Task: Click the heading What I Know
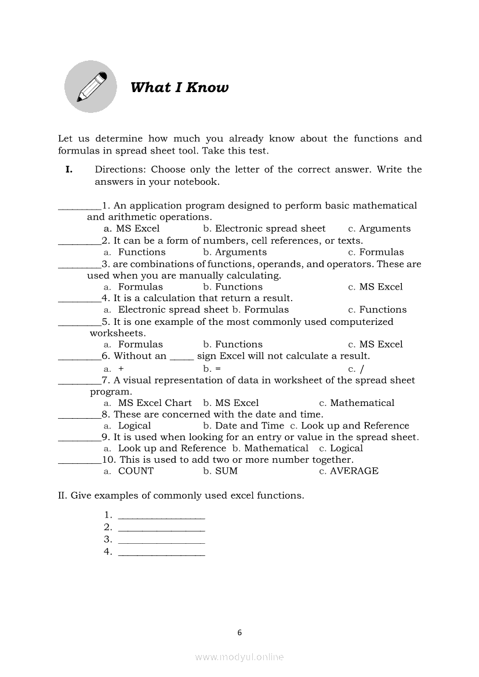click(x=179, y=87)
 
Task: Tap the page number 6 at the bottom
click(x=239, y=632)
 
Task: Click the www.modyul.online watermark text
click(x=239, y=657)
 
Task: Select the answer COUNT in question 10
click(x=136, y=471)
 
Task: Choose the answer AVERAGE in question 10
click(x=354, y=471)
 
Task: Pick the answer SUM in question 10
click(x=226, y=471)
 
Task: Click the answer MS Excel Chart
click(x=154, y=403)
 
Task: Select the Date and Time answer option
click(x=249, y=426)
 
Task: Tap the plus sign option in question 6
click(x=121, y=369)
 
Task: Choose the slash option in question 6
click(x=361, y=369)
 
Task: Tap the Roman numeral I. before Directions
click(x=68, y=170)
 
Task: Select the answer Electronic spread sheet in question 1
click(x=270, y=229)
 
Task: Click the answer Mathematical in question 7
click(x=362, y=403)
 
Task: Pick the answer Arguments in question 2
click(x=241, y=252)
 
